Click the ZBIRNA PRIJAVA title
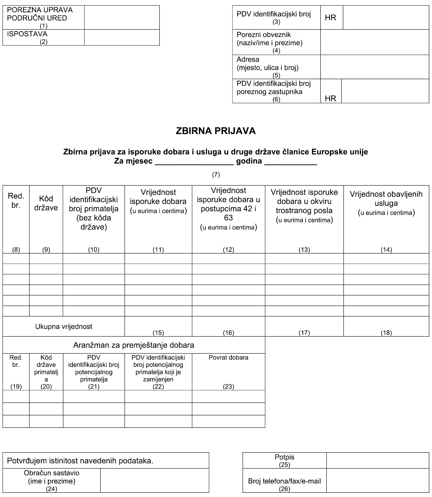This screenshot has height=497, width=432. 216,131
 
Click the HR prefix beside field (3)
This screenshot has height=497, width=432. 330,18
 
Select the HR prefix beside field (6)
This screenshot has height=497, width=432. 330,98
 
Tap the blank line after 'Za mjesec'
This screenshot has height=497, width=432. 194,162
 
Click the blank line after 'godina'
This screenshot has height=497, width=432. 290,162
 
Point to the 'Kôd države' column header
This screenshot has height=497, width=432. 46,203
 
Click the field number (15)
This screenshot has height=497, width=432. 158,333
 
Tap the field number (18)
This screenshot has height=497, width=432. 386,333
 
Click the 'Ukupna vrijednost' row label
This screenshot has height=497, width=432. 64,327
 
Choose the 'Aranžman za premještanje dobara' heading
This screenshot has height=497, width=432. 134,345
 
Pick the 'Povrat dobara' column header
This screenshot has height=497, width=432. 228,358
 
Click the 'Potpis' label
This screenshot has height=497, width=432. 285,457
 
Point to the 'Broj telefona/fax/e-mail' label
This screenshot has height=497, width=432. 285,481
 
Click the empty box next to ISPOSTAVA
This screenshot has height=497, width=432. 122,38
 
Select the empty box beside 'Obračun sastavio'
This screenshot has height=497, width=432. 154,480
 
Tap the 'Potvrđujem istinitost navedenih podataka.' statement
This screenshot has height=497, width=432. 80,461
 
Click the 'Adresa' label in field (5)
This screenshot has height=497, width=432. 248,60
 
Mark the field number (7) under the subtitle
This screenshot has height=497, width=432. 216,175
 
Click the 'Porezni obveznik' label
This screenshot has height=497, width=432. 264,35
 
